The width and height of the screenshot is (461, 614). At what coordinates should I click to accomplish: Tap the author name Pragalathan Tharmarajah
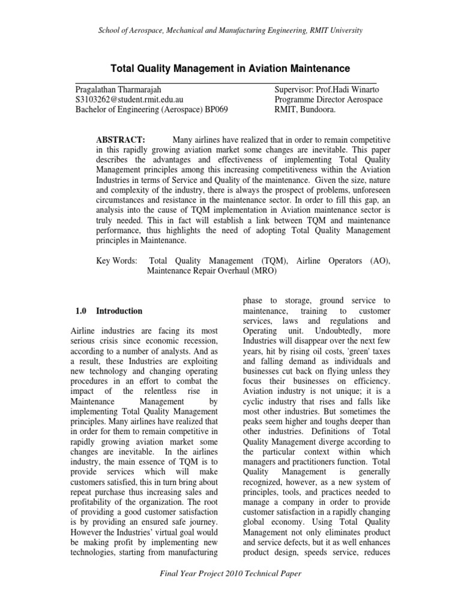point(120,89)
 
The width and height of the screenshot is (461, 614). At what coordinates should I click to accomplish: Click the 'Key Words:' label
point(116,261)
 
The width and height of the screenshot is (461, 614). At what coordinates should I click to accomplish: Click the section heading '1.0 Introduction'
point(109,311)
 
